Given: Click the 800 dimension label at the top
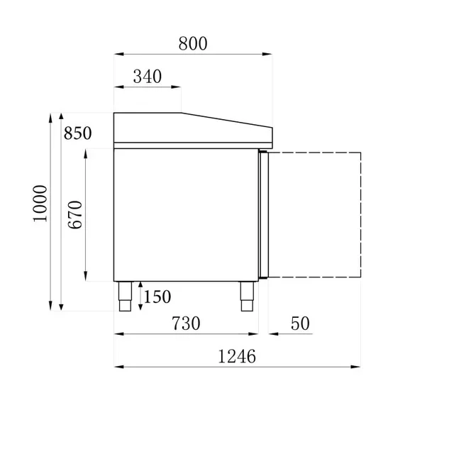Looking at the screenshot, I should [x=192, y=43].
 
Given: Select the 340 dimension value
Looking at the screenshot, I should [x=147, y=77].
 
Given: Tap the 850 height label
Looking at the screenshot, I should [x=77, y=133].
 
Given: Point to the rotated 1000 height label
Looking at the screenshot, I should [x=40, y=203].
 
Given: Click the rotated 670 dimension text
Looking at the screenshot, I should [x=76, y=215].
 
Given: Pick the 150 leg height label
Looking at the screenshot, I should [x=157, y=297].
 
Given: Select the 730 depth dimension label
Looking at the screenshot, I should [x=185, y=323].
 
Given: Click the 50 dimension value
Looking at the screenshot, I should [x=300, y=323].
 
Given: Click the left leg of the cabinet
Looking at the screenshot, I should [x=125, y=297].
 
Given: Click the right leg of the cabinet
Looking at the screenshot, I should [x=248, y=297].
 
